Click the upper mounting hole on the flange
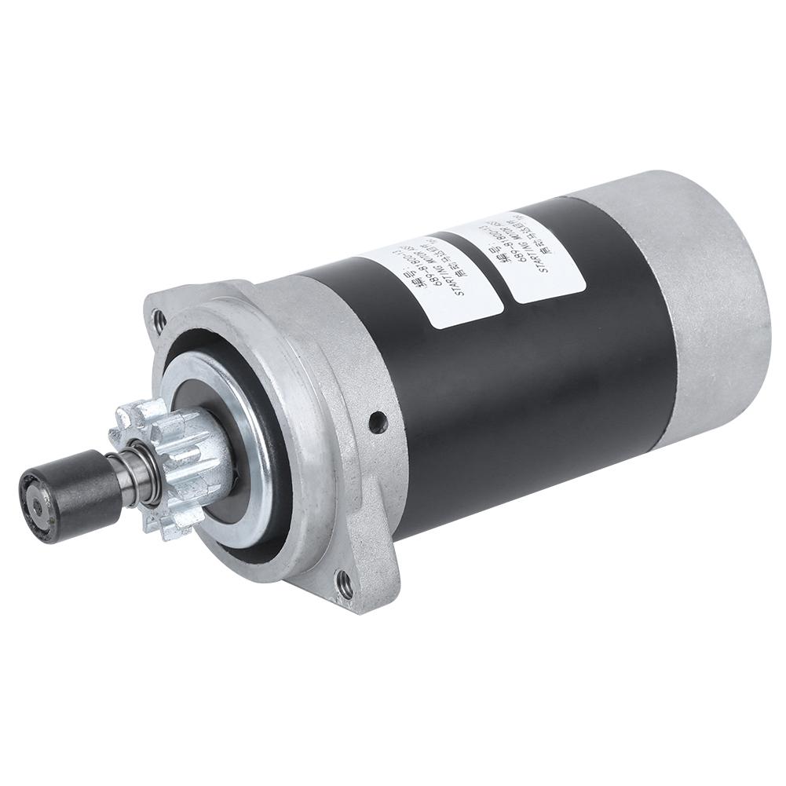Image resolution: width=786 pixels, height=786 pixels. click(x=160, y=318)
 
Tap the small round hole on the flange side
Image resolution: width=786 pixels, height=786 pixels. click(x=380, y=422)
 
